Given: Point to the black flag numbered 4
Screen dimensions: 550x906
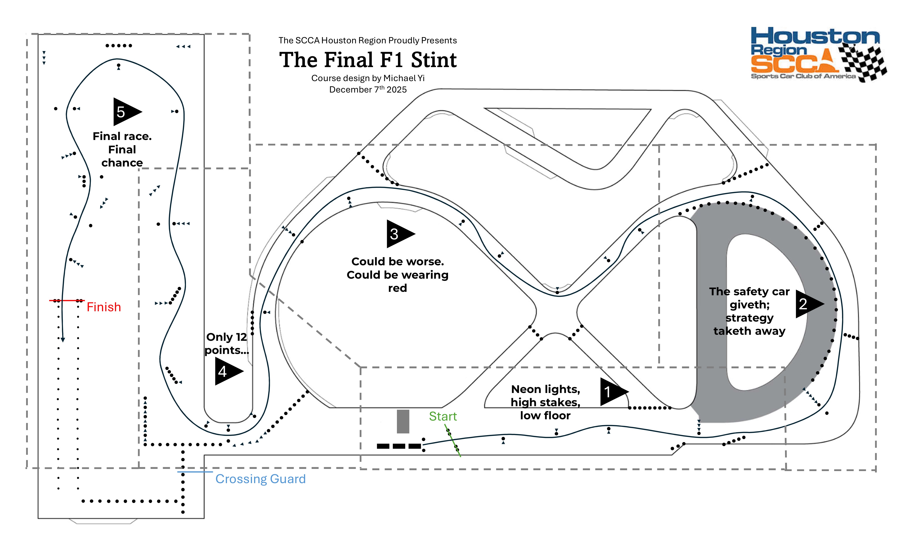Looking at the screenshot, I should coord(226,371).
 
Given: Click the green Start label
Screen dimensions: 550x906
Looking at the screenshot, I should coord(443,416).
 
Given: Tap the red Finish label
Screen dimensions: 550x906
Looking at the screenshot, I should coord(104,307).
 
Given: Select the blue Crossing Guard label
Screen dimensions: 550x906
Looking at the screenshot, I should coord(260,479).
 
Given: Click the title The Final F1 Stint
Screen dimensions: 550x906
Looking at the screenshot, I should coord(368,60).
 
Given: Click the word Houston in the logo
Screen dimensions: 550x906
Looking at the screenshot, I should coord(815,37).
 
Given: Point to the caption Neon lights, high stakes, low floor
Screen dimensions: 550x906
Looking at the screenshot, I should coord(545,402).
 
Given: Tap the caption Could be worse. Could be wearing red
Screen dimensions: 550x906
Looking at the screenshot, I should coord(398,275).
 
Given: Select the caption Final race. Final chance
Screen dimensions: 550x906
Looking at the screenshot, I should coord(122,149).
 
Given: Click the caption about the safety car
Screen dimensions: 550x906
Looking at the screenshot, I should coord(749,311).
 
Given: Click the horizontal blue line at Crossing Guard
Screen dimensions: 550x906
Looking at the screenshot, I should coord(195,472).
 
